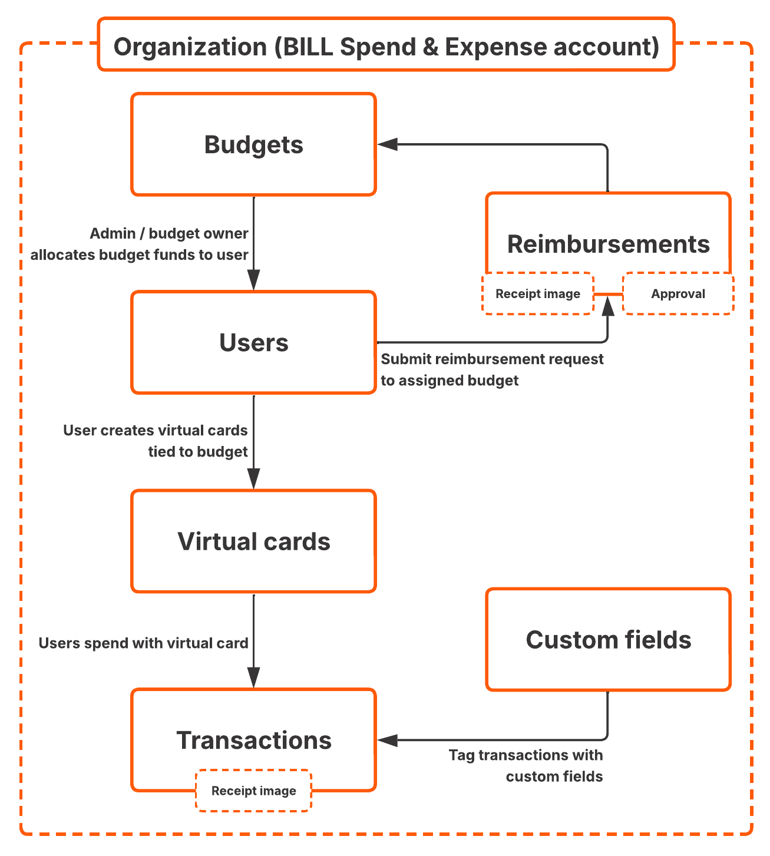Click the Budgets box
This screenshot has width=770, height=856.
click(253, 144)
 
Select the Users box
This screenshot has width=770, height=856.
click(253, 342)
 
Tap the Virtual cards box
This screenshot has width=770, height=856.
click(253, 541)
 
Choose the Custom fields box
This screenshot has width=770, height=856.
click(608, 640)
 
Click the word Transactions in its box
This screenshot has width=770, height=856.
click(254, 740)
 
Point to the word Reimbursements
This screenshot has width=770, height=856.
click(608, 244)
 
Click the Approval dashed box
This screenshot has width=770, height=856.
click(678, 293)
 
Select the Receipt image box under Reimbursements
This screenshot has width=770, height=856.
click(537, 293)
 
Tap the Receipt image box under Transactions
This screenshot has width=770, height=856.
click(253, 791)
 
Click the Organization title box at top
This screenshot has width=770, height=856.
click(386, 46)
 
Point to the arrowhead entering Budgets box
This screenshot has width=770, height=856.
click(388, 144)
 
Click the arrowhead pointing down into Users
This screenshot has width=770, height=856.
click(253, 280)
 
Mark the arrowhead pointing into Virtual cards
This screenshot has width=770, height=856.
click(253, 478)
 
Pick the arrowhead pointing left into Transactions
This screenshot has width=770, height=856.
click(388, 740)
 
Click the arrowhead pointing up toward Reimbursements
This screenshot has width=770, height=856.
click(607, 306)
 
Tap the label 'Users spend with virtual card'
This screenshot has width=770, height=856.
click(143, 643)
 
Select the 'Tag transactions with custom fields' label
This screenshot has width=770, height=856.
click(526, 765)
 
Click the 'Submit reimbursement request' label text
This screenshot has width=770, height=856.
click(492, 359)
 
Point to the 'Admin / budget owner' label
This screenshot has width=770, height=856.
click(168, 233)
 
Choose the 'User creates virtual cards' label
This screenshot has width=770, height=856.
click(155, 430)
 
